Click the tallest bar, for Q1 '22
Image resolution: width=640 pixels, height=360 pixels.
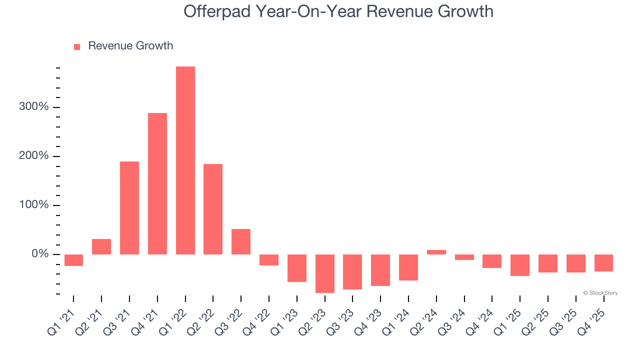(185, 160)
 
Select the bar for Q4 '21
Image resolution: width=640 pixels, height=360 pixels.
(157, 183)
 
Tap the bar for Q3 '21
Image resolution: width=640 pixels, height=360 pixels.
(129, 207)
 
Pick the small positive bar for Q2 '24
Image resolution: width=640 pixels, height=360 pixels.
(436, 252)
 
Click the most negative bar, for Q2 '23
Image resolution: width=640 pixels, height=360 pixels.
(325, 273)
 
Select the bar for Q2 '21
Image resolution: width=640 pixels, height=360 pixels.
(101, 246)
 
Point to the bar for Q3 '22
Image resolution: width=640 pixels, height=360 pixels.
(241, 241)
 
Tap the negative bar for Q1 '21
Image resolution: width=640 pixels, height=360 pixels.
(73, 260)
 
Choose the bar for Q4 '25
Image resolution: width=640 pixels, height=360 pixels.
(603, 263)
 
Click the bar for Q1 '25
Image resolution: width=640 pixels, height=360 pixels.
(520, 265)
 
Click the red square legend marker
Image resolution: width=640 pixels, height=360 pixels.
(77, 47)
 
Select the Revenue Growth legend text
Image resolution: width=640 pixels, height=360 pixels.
(130, 46)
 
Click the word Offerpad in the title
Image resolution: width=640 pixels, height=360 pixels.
(218, 11)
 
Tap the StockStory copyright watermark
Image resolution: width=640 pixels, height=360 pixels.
(600, 293)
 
